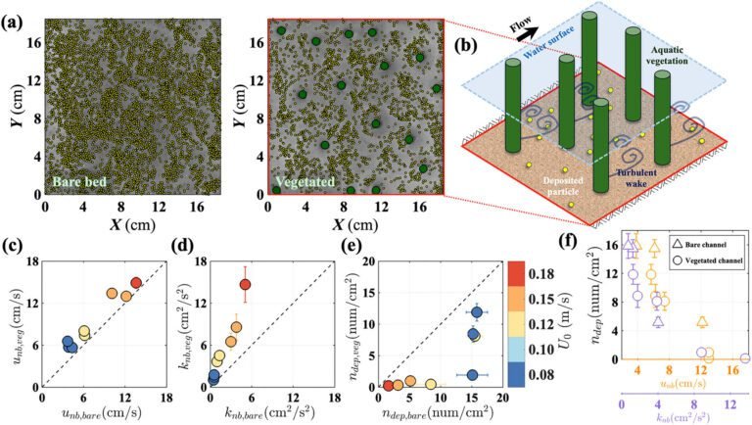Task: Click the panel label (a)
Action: (14, 13)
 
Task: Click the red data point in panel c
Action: (136, 283)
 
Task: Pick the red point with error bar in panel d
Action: (245, 285)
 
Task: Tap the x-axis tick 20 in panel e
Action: (502, 402)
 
